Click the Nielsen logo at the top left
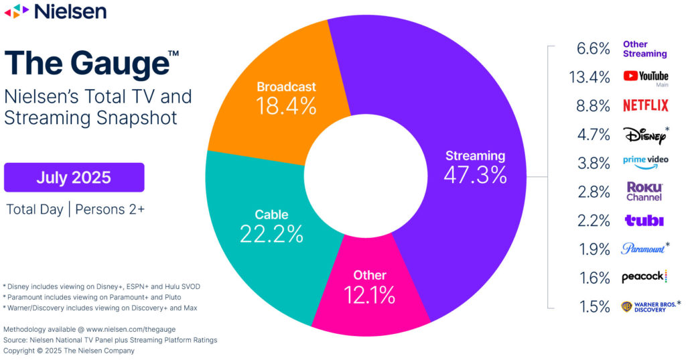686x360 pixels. point(55,11)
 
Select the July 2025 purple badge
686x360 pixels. point(74,178)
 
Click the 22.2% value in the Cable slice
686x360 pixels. point(271,233)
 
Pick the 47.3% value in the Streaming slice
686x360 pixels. point(475,174)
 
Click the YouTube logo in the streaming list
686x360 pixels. point(645,77)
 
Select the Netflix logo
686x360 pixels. point(645,105)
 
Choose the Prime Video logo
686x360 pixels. point(644,163)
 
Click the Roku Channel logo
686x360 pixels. point(644,192)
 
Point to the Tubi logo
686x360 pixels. point(644,221)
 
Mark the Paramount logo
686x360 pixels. point(644,249)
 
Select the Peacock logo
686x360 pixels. point(644,277)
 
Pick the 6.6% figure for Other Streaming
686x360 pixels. point(593,49)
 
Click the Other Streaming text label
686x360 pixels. point(644,49)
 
